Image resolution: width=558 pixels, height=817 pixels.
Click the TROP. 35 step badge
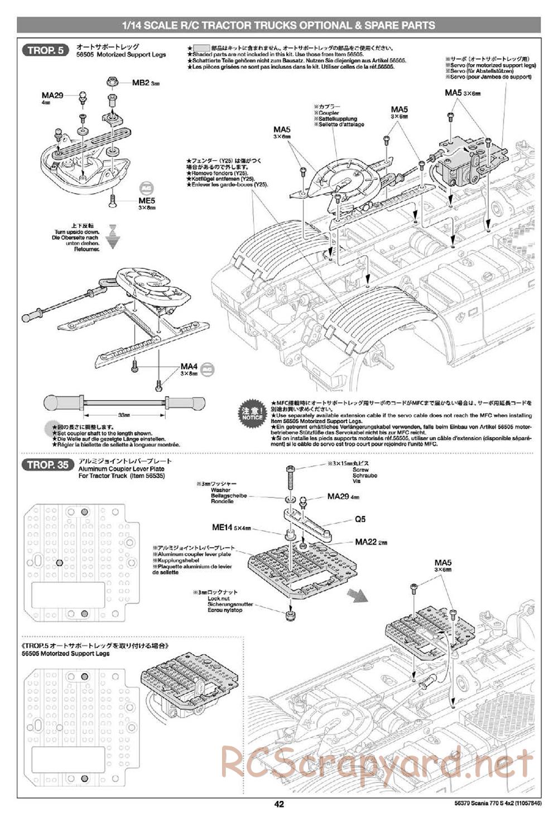(x=47, y=465)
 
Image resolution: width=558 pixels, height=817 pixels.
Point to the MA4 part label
(x=189, y=367)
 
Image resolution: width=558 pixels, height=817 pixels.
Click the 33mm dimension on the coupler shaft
(x=124, y=415)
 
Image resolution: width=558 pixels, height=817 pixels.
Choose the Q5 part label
(x=360, y=519)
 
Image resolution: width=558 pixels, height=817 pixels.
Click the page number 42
(x=279, y=804)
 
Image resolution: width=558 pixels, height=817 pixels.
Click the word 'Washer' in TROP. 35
(x=220, y=489)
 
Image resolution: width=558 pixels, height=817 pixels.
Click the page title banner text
(x=278, y=25)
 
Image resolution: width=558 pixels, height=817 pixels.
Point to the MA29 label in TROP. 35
(x=339, y=496)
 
